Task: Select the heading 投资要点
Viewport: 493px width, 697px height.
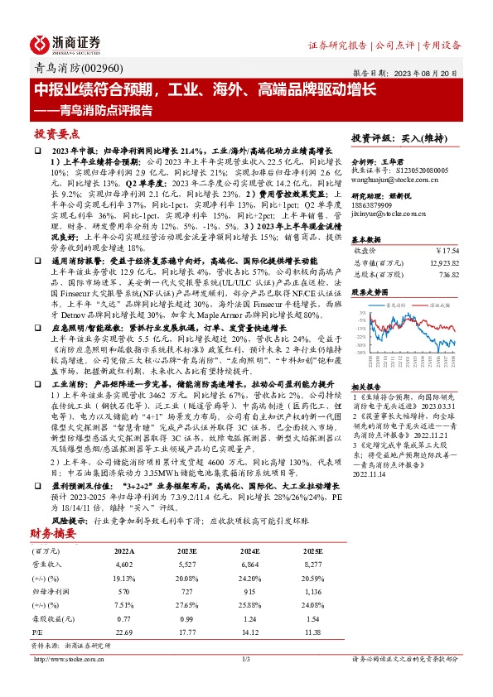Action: coord(56,133)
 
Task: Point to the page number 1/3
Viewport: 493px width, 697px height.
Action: coord(244,659)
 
